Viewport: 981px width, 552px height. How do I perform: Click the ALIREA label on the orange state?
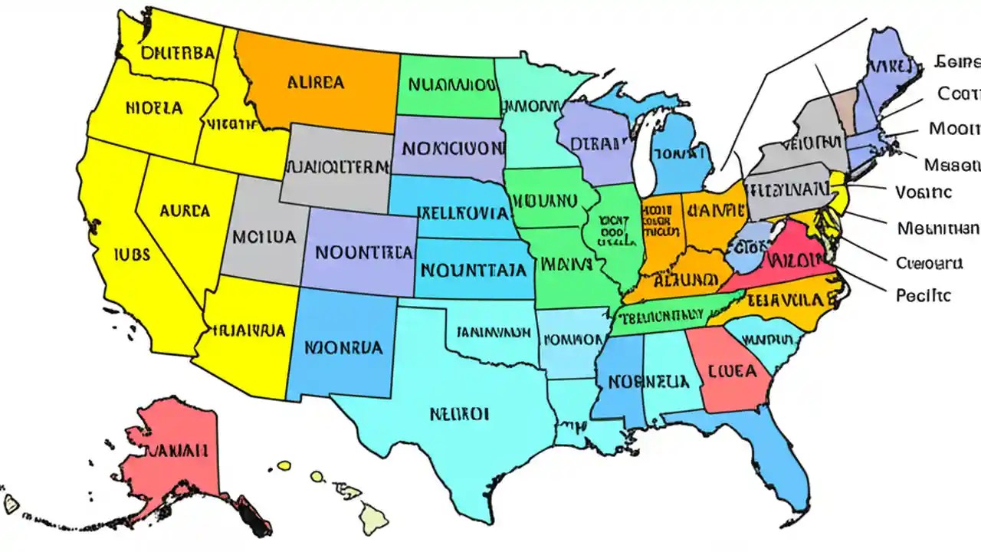tap(315, 82)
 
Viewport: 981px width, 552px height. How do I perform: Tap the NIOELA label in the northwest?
tap(154, 108)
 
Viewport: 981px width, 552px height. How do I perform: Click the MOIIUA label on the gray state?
tap(264, 236)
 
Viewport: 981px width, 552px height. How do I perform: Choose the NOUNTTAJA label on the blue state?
tap(474, 269)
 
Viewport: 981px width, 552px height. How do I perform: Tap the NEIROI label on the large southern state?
tap(459, 414)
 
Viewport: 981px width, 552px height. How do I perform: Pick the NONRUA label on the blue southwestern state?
tap(343, 346)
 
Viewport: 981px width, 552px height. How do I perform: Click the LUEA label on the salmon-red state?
tap(732, 371)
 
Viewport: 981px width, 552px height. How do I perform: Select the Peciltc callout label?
tap(923, 294)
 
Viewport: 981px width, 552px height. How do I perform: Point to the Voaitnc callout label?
tap(924, 192)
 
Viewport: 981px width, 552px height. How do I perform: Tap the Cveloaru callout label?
tap(929, 263)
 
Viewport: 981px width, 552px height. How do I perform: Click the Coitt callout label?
tap(958, 94)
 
